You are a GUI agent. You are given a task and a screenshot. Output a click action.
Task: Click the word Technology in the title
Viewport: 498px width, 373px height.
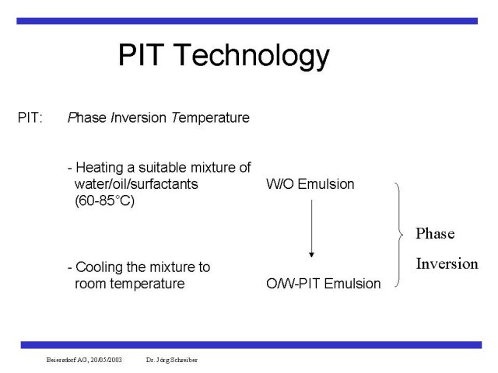point(251,56)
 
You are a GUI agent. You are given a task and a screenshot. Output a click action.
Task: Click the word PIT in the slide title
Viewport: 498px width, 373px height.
point(141,54)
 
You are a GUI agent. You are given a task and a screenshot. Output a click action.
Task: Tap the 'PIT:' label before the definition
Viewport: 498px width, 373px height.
point(30,117)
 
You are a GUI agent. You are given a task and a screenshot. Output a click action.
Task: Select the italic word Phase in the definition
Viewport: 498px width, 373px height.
point(86,117)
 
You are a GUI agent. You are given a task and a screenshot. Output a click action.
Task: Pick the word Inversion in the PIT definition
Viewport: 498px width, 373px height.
point(139,117)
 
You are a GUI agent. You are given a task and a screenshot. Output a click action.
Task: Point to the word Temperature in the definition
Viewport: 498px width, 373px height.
point(210,118)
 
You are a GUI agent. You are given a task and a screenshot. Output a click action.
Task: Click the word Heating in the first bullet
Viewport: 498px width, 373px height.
point(100,168)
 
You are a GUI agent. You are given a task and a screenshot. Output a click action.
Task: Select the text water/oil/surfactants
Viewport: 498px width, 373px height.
point(136,184)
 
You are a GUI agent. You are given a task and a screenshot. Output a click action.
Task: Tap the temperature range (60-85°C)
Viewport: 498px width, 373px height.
point(104,200)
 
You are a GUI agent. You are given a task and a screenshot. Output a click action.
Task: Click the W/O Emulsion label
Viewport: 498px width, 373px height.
point(310,184)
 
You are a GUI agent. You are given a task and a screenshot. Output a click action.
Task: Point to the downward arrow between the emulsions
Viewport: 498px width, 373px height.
point(311,228)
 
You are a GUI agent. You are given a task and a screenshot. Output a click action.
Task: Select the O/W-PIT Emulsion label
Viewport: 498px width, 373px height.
point(324,284)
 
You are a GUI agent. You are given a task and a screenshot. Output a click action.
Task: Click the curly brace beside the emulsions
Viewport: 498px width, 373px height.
point(400,235)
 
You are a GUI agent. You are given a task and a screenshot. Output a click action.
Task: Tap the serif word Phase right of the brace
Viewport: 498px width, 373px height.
point(435,233)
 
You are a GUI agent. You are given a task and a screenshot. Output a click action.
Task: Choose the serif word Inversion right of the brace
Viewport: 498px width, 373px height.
point(447,263)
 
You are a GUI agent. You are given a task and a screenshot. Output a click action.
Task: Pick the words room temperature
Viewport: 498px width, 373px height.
point(130,284)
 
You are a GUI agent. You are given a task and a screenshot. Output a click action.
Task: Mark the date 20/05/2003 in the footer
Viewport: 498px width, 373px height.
point(106,360)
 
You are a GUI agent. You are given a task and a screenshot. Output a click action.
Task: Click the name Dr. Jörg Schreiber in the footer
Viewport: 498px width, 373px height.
point(171,360)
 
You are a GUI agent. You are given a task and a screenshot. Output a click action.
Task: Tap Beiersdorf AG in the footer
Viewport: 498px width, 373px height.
point(67,360)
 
